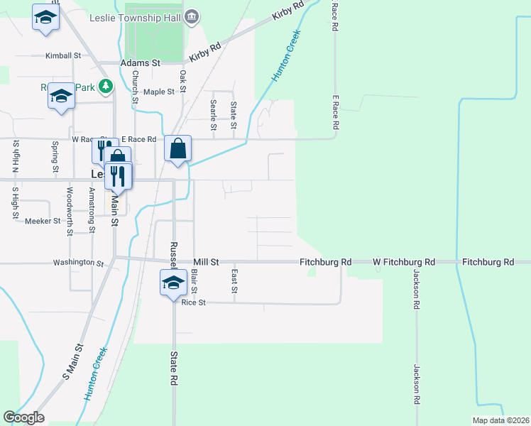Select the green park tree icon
pos(106,87)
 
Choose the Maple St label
pos(159,92)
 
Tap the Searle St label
pos(213,115)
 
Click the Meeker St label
pos(43,221)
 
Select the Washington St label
pos(78,263)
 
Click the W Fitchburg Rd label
pos(404,262)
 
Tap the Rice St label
pos(193,302)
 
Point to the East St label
pos(234,280)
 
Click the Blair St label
pos(195,280)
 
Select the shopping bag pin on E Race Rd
pos(177,150)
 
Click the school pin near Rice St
pos(173,284)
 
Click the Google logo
pos(23,417)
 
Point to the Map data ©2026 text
pos(500,420)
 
